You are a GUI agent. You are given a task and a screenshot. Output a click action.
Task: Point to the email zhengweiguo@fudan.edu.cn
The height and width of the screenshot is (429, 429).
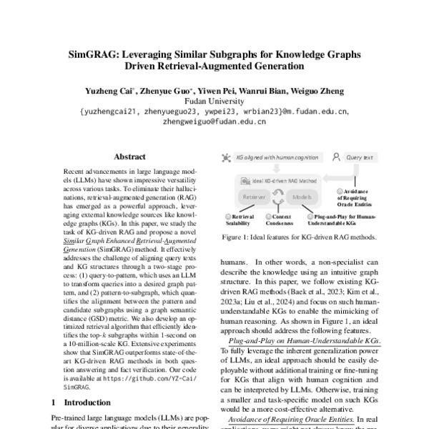click(214, 122)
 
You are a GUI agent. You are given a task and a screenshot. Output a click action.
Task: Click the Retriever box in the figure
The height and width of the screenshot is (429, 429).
click(255, 195)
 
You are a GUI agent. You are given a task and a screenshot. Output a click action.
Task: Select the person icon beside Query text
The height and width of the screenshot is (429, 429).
click(335, 156)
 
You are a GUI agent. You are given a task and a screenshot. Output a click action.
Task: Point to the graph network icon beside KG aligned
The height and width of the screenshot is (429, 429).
click(227, 156)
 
